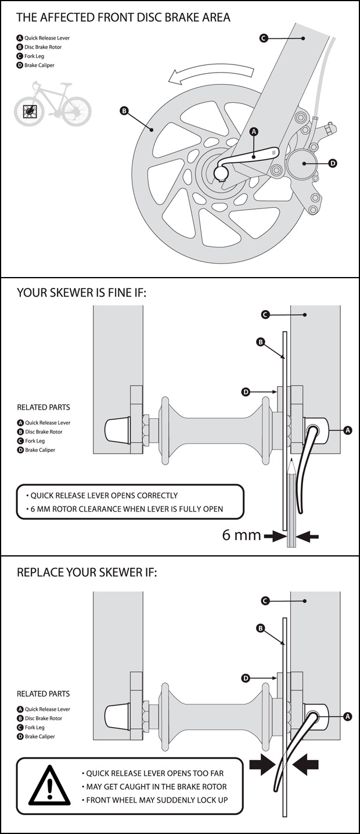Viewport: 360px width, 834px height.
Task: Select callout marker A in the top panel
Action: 253,132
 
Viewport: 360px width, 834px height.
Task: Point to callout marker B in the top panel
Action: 124,110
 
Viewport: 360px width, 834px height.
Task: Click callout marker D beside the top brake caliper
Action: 333,164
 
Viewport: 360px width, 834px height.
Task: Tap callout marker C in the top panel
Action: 263,38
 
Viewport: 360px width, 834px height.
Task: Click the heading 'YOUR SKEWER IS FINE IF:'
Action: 82,293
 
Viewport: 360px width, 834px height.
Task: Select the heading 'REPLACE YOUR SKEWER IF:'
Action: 87,572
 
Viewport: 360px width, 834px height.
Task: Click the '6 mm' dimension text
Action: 241,535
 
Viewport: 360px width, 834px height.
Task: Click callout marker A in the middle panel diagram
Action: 348,430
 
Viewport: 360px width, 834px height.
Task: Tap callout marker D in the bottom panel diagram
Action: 246,678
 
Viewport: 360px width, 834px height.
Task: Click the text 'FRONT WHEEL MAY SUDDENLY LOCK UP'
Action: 156,800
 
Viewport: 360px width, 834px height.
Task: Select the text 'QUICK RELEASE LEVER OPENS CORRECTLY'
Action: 102,495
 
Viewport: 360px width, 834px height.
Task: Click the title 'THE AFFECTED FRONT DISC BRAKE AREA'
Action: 123,17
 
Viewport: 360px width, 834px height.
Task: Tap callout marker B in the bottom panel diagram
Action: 261,628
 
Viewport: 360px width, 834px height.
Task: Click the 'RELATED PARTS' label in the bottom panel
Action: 44,693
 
